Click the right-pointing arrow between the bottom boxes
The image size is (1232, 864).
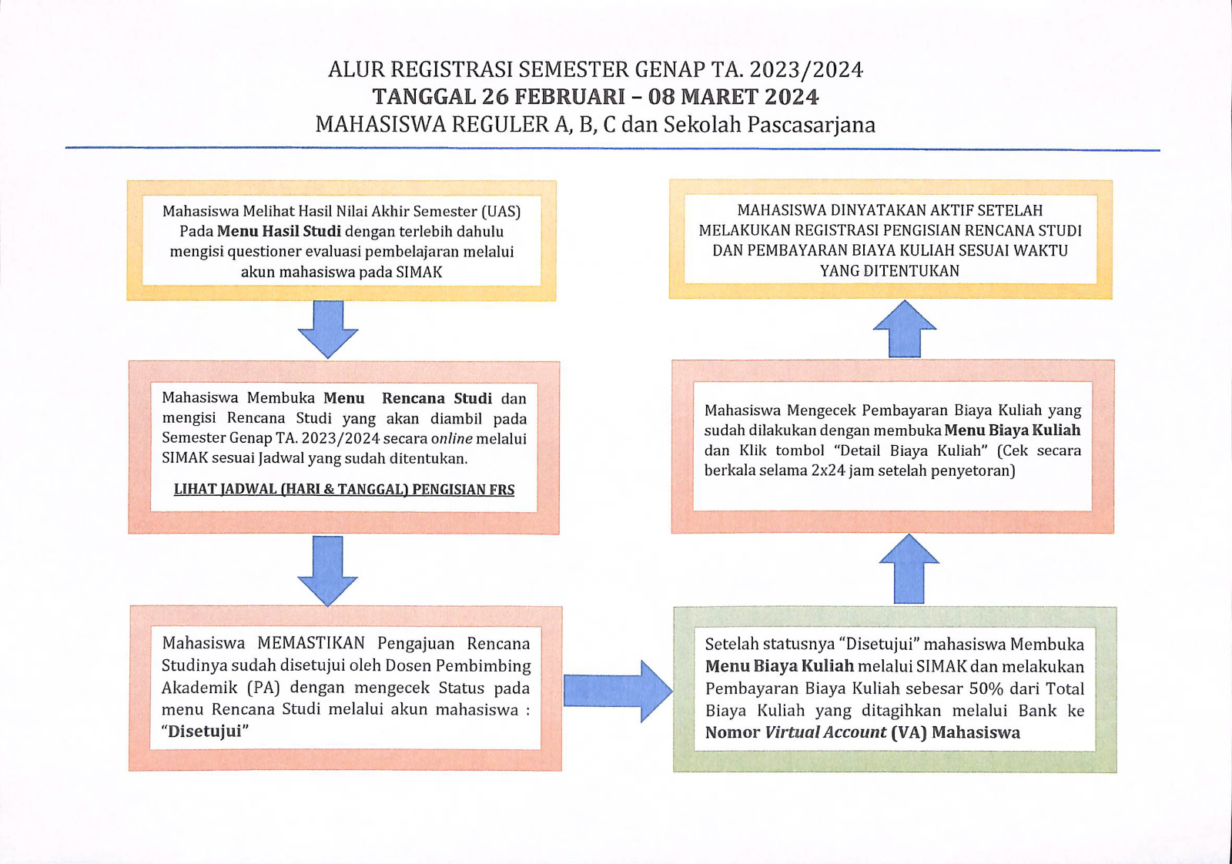pos(618,691)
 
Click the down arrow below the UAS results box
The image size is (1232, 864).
pos(328,329)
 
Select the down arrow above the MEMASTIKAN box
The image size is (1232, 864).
pos(328,571)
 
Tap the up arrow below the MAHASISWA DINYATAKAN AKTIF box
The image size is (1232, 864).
pos(905,328)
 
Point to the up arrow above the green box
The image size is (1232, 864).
pos(909,568)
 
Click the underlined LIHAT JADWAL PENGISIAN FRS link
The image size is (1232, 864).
pos(344,490)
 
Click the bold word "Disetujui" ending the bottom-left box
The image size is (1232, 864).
pos(205,732)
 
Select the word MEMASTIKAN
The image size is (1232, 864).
pos(311,643)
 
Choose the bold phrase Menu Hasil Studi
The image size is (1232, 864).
pos(279,232)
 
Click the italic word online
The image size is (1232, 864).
pos(452,439)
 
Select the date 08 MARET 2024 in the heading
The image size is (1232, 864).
pos(734,97)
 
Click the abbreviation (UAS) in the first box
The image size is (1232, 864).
pos(500,212)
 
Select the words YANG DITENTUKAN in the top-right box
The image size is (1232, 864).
pos(890,271)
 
